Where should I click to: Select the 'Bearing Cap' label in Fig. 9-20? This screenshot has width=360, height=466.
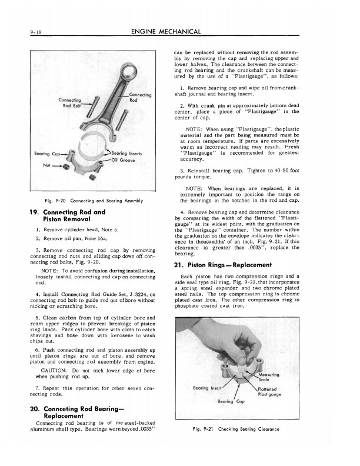pyautogui.click(x=45, y=154)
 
